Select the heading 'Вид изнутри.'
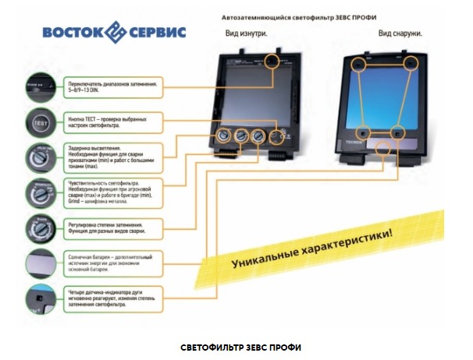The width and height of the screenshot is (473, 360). [x=246, y=34]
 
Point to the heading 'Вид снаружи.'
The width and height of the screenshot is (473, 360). [x=400, y=34]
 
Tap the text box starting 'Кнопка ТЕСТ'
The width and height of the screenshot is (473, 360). [x=112, y=122]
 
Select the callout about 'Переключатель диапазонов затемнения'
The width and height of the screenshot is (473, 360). [x=112, y=86]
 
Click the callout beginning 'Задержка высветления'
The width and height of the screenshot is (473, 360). [x=112, y=154]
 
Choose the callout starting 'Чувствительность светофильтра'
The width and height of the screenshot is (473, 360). [x=112, y=191]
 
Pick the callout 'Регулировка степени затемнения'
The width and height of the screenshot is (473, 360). [x=112, y=228]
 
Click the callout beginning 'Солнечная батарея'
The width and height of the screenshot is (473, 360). [x=112, y=263]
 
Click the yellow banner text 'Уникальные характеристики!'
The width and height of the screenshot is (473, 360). [x=311, y=249]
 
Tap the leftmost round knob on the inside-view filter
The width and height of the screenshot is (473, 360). [x=222, y=137]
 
